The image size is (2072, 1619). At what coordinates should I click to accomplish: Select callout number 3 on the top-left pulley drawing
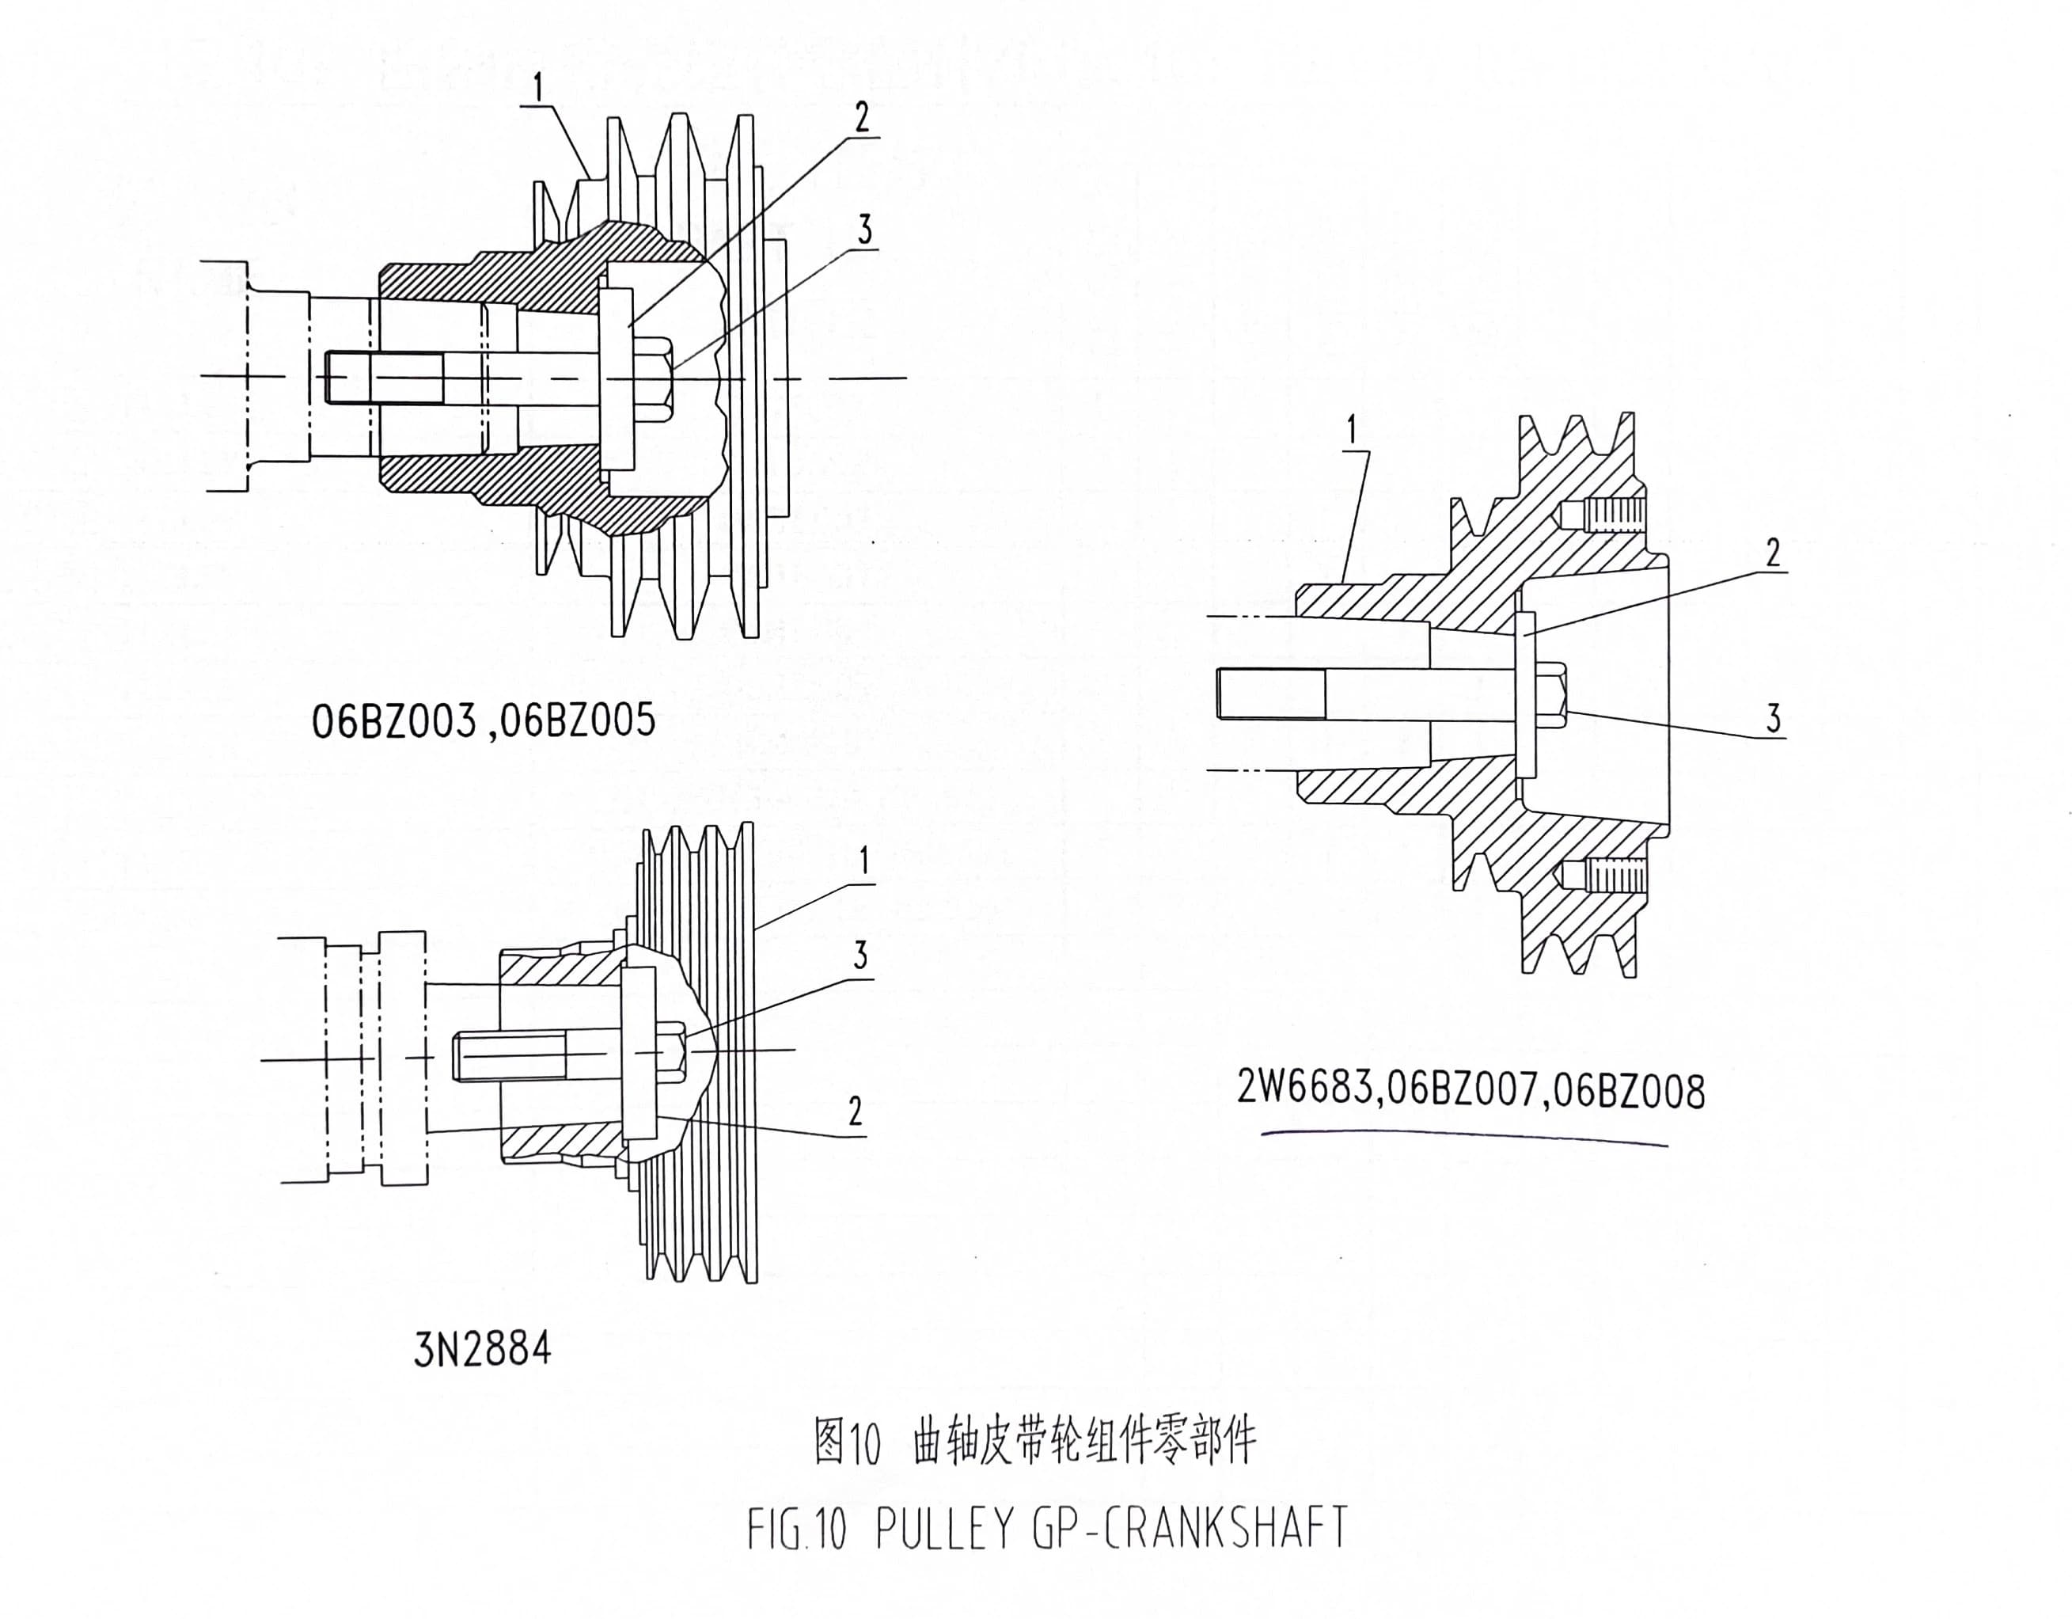click(863, 230)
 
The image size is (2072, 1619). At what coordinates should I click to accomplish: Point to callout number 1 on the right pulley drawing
click(1353, 431)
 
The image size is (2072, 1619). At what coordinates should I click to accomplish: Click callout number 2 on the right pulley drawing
click(1772, 553)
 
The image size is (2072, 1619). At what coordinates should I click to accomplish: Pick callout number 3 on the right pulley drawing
click(1772, 720)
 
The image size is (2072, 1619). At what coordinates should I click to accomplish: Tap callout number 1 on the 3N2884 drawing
click(863, 861)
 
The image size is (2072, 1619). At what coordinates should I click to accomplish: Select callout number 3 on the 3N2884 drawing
click(860, 956)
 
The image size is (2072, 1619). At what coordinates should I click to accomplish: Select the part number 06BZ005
click(577, 721)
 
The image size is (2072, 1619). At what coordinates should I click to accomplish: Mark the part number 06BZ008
click(1628, 1093)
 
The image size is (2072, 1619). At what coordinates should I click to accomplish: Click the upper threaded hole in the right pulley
click(1603, 516)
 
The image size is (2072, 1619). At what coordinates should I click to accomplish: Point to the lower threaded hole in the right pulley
click(1603, 874)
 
